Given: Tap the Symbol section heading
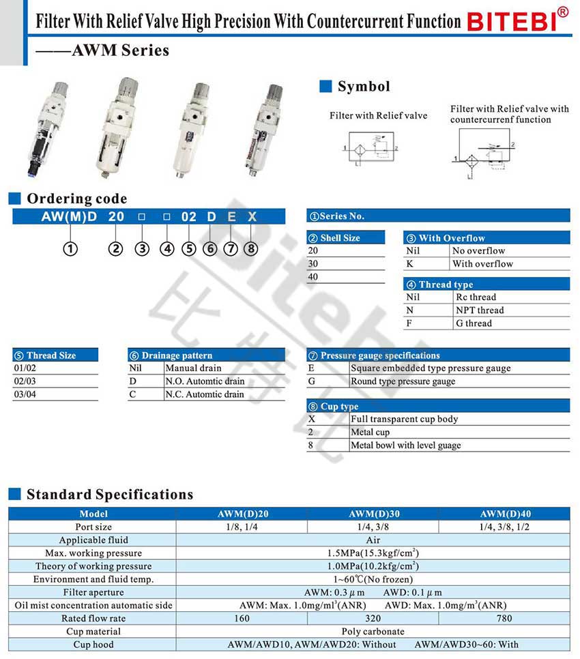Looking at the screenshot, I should pos(364,87).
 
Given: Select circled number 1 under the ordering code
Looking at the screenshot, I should pos(71,249).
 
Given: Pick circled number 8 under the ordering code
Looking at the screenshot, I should pos(251,249).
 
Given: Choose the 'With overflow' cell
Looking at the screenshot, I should pos(482,264).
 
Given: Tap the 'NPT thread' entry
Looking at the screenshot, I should pos(480,310).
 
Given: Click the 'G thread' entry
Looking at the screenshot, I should pos(474,323).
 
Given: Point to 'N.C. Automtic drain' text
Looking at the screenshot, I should pos(205,394).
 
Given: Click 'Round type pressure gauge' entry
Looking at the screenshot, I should pos(403,381).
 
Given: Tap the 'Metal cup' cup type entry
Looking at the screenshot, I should pos(371,433).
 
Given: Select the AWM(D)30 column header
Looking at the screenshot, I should pos(373,514).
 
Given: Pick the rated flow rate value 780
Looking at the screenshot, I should pos(505,618).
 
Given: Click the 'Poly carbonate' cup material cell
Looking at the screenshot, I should pos(373,631).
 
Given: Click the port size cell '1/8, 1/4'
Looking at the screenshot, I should pos(242,527).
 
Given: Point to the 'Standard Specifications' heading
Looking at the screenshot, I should pos(110,495).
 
